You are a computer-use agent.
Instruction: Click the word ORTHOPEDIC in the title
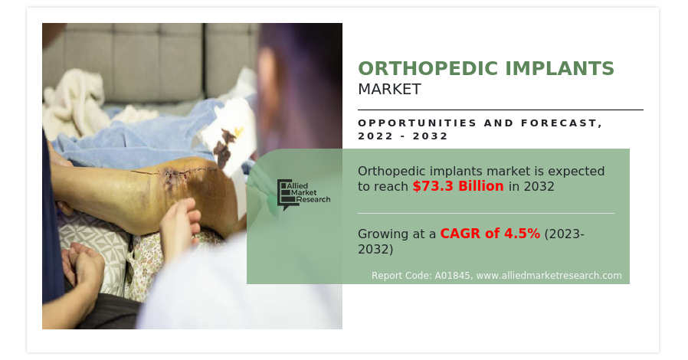429,68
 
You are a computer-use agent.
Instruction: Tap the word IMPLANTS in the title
559,68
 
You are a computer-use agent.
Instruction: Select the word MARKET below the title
389,89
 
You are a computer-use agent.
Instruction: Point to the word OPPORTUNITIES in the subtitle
418,123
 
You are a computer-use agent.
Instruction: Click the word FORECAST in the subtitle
562,123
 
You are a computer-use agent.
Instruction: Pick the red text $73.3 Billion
458,186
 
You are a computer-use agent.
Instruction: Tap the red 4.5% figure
522,234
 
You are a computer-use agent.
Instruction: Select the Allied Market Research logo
303,194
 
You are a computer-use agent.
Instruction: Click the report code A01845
452,276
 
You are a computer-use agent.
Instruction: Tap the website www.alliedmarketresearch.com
549,276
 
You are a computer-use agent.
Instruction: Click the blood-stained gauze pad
228,136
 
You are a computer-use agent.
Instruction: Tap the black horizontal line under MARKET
500,110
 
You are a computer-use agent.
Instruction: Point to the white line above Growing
487,213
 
